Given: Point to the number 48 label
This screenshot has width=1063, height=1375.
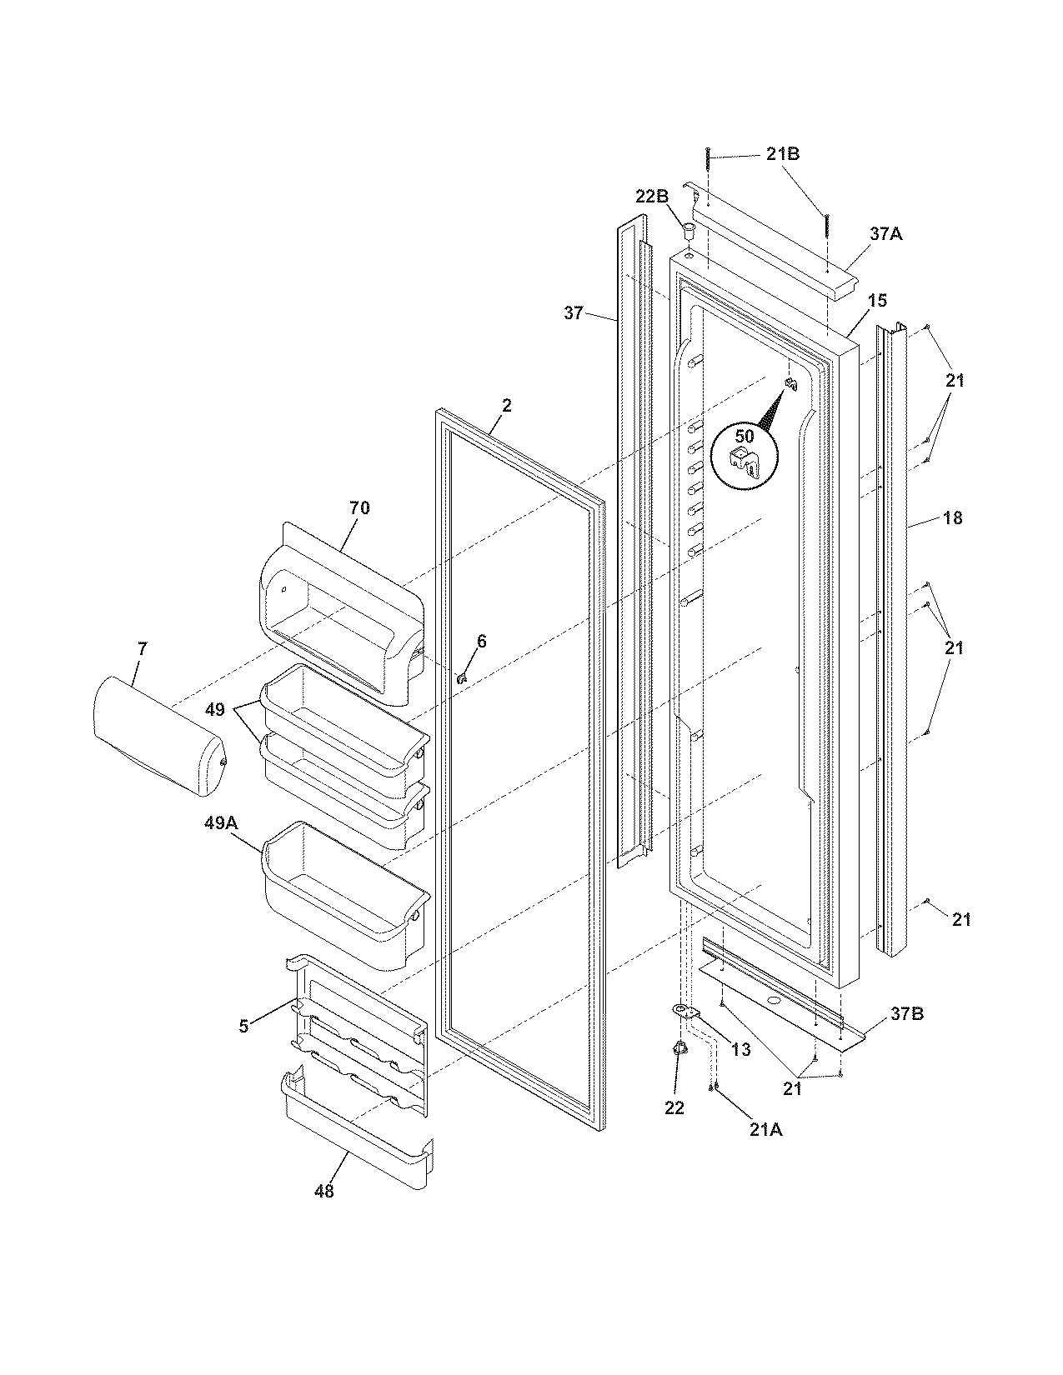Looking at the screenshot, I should click(323, 1191).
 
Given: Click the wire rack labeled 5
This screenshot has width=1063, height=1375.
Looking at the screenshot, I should click(359, 1033).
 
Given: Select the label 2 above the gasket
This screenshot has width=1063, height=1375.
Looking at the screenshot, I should click(506, 406).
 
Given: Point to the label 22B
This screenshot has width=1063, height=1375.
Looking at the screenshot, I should click(651, 197).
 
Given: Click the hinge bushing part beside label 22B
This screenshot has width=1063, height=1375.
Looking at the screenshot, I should click(689, 228).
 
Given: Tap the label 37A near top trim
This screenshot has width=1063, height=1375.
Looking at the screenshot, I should click(885, 235).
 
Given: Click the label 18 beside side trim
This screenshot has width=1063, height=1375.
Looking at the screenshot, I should click(953, 517).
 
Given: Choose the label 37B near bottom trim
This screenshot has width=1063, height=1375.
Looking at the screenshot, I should click(906, 1014).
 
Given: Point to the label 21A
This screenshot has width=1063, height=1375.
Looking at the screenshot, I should click(765, 1129).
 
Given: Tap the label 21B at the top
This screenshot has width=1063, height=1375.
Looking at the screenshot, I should click(783, 154).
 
